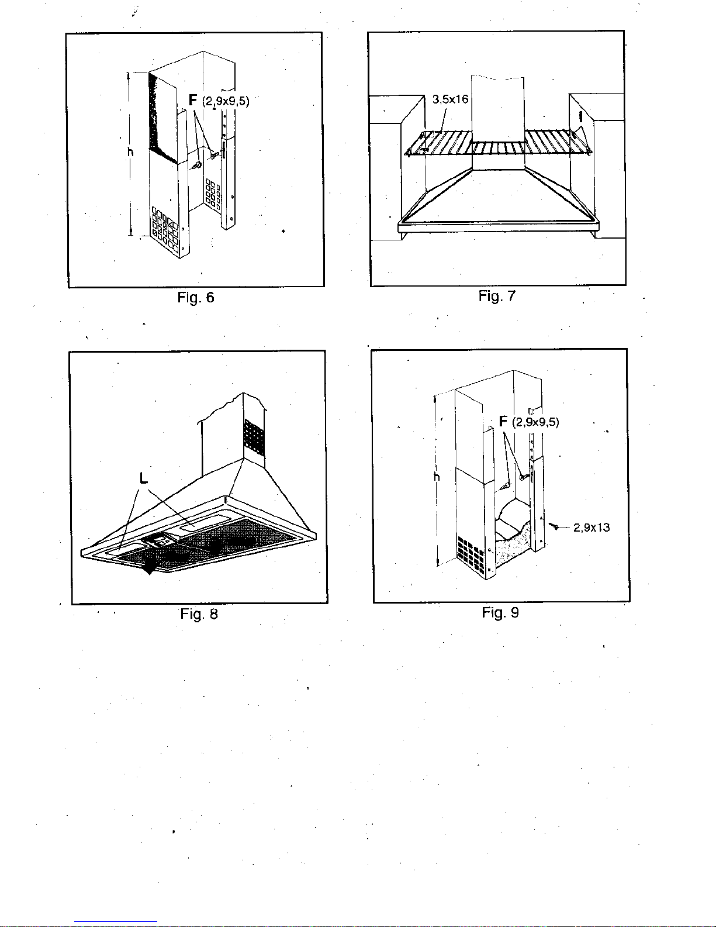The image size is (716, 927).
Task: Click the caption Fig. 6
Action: pyautogui.click(x=196, y=297)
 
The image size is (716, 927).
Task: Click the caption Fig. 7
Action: pyautogui.click(x=497, y=296)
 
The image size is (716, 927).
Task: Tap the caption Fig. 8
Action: pyautogui.click(x=199, y=614)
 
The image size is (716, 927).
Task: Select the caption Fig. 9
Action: pyautogui.click(x=500, y=612)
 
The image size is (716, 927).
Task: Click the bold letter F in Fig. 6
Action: pyautogui.click(x=193, y=100)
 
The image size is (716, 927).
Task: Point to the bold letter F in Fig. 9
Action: pyautogui.click(x=503, y=422)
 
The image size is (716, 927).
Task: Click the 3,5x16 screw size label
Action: pyautogui.click(x=450, y=99)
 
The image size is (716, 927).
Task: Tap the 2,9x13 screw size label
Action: pyautogui.click(x=592, y=528)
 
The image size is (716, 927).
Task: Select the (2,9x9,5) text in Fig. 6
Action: pyautogui.click(x=226, y=101)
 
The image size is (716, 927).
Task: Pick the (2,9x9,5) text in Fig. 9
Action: pyautogui.click(x=535, y=422)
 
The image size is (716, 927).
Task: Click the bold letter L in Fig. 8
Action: pyautogui.click(x=144, y=478)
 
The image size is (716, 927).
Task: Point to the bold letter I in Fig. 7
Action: pyautogui.click(x=580, y=117)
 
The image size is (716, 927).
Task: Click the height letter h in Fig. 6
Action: pyautogui.click(x=130, y=151)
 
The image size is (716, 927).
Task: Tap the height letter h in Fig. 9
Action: pyautogui.click(x=437, y=477)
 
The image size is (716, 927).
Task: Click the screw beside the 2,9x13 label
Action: pyautogui.click(x=554, y=526)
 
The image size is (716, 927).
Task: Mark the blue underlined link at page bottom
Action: pyautogui.click(x=116, y=921)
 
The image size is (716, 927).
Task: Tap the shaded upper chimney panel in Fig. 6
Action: pyautogui.click(x=163, y=116)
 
